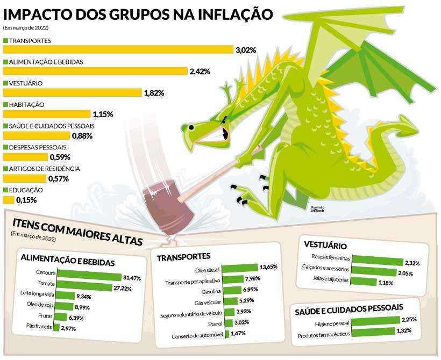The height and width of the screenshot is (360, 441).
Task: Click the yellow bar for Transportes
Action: (118, 50)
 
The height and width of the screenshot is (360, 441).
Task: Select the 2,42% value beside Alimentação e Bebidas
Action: (199, 71)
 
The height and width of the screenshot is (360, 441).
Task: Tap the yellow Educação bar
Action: (8, 200)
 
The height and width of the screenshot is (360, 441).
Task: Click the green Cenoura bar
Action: (89, 277)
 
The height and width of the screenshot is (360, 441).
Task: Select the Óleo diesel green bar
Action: (240, 268)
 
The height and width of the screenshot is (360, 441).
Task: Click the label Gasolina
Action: (207, 290)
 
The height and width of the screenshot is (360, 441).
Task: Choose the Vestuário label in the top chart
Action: (26, 83)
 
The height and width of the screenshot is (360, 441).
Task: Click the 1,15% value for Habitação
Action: (103, 114)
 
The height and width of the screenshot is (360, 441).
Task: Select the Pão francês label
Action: (39, 327)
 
